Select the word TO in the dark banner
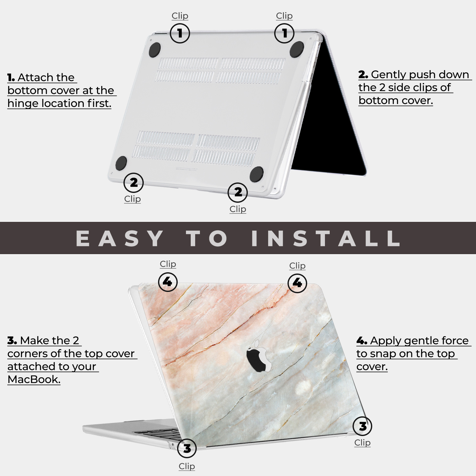click(207, 238)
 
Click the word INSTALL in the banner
click(326, 238)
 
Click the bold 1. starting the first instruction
click(11, 77)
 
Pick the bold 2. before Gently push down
click(363, 75)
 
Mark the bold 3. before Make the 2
click(12, 340)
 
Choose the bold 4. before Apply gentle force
click(362, 341)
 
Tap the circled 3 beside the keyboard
click(187, 448)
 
